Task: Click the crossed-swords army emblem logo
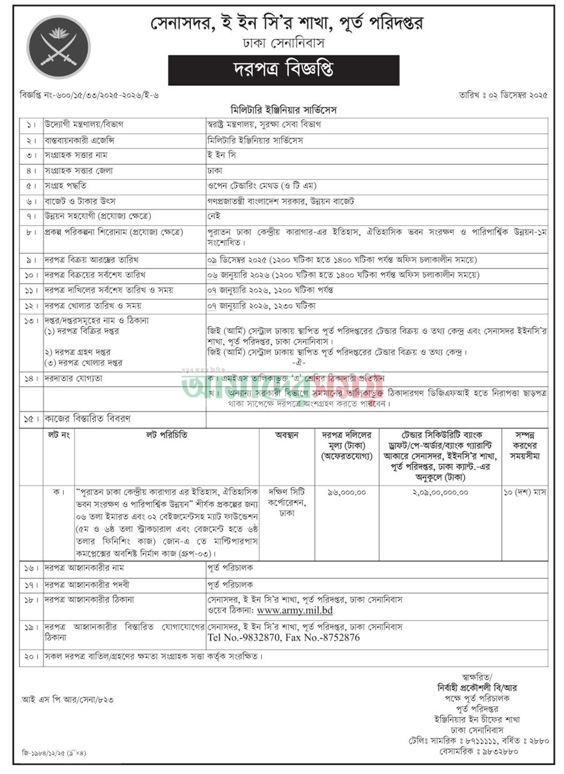click(x=58, y=47)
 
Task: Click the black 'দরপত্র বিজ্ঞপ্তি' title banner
click(x=284, y=70)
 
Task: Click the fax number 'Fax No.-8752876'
click(x=321, y=637)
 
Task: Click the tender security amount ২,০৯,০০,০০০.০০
click(x=440, y=492)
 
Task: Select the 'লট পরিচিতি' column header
click(x=167, y=434)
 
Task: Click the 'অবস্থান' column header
click(x=287, y=434)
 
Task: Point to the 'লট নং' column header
click(x=58, y=434)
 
